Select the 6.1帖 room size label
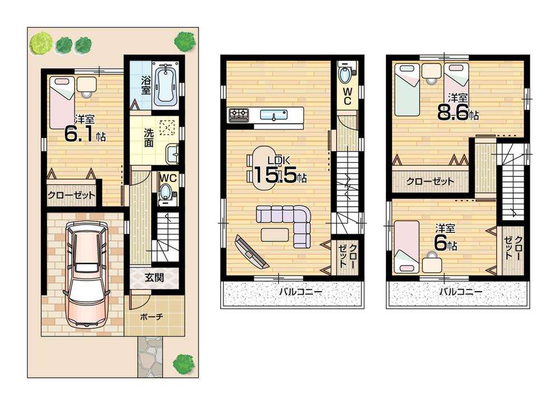[84, 135]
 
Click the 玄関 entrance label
[154, 277]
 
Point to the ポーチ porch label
[151, 316]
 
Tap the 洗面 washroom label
[148, 138]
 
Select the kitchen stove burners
[239, 115]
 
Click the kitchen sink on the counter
[274, 116]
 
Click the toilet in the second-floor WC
[346, 75]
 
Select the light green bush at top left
[40, 43]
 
